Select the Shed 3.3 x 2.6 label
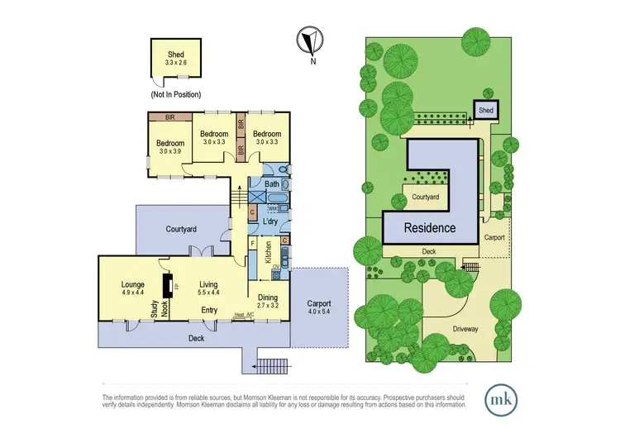click(x=176, y=58)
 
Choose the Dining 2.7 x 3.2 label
click(x=267, y=302)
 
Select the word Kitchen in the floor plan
click(x=268, y=251)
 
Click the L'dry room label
click(x=269, y=222)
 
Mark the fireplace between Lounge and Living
click(x=168, y=286)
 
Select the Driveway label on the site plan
click(x=465, y=328)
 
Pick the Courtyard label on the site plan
click(x=425, y=198)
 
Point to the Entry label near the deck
click(x=209, y=311)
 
